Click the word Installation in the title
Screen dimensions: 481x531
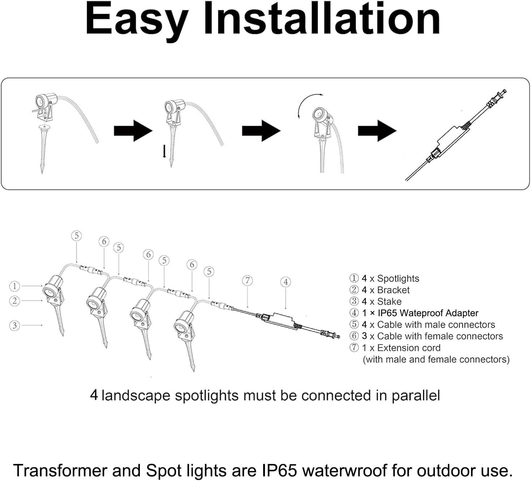click(x=322, y=19)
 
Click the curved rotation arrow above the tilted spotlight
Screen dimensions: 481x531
click(x=307, y=103)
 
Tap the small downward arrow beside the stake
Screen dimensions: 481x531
click(x=164, y=151)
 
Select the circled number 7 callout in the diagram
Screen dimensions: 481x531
click(x=247, y=280)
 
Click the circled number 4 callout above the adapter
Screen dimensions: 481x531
click(x=286, y=282)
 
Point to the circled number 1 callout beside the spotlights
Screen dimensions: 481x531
click(x=14, y=287)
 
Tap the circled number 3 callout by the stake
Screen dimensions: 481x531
click(x=14, y=325)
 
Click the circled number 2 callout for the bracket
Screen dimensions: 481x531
click(x=14, y=301)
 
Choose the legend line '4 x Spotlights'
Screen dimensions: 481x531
click(x=390, y=279)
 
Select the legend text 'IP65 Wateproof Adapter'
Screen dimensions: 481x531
click(x=428, y=313)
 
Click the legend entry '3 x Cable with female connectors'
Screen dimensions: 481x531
click(x=432, y=336)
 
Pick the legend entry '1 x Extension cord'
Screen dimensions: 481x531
click(x=401, y=348)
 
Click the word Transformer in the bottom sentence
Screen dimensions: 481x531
click(x=60, y=471)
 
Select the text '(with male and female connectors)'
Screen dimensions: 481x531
click(x=436, y=360)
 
